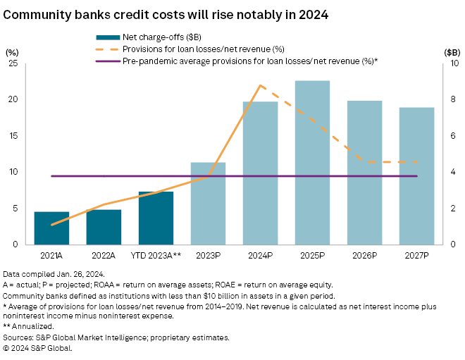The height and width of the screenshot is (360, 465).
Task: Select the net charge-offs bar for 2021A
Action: [x=51, y=228]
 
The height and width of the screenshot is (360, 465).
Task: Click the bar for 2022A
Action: [x=104, y=227]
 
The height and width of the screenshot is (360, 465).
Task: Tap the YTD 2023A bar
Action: [x=156, y=218]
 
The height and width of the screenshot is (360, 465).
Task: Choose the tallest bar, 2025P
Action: [x=312, y=162]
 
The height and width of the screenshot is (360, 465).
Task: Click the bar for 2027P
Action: [x=416, y=175]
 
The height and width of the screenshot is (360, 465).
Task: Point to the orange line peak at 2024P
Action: [x=260, y=85]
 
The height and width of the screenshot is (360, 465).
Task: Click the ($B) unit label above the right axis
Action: [x=452, y=51]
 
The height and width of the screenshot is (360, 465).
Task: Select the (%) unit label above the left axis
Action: [x=12, y=51]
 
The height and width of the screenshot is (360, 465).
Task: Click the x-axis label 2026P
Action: [x=364, y=254]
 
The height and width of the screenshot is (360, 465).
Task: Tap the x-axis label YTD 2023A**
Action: [x=156, y=254]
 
